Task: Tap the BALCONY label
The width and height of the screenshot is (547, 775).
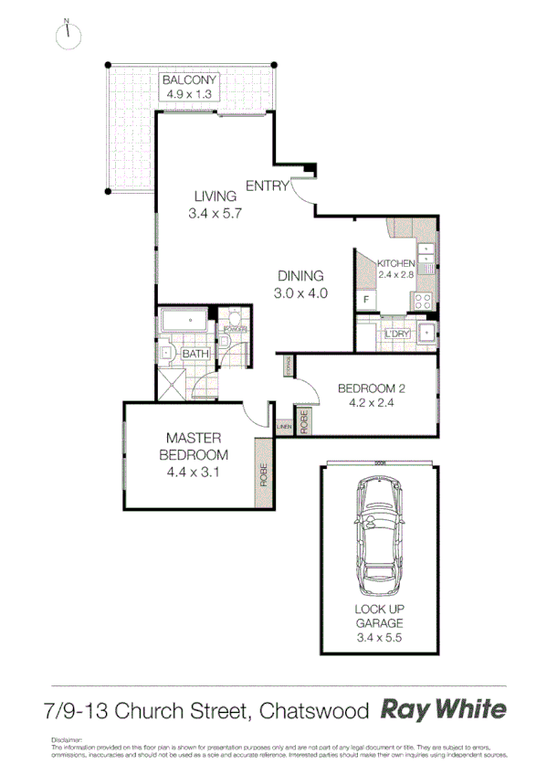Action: click(189, 80)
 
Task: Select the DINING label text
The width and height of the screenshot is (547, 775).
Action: click(300, 276)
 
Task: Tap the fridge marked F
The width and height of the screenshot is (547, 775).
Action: click(366, 300)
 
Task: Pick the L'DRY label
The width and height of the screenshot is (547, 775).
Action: click(397, 334)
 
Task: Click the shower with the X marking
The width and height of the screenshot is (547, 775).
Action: click(173, 384)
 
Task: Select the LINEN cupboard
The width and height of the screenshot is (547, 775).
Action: click(284, 426)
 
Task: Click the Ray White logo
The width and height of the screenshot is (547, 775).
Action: click(442, 710)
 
